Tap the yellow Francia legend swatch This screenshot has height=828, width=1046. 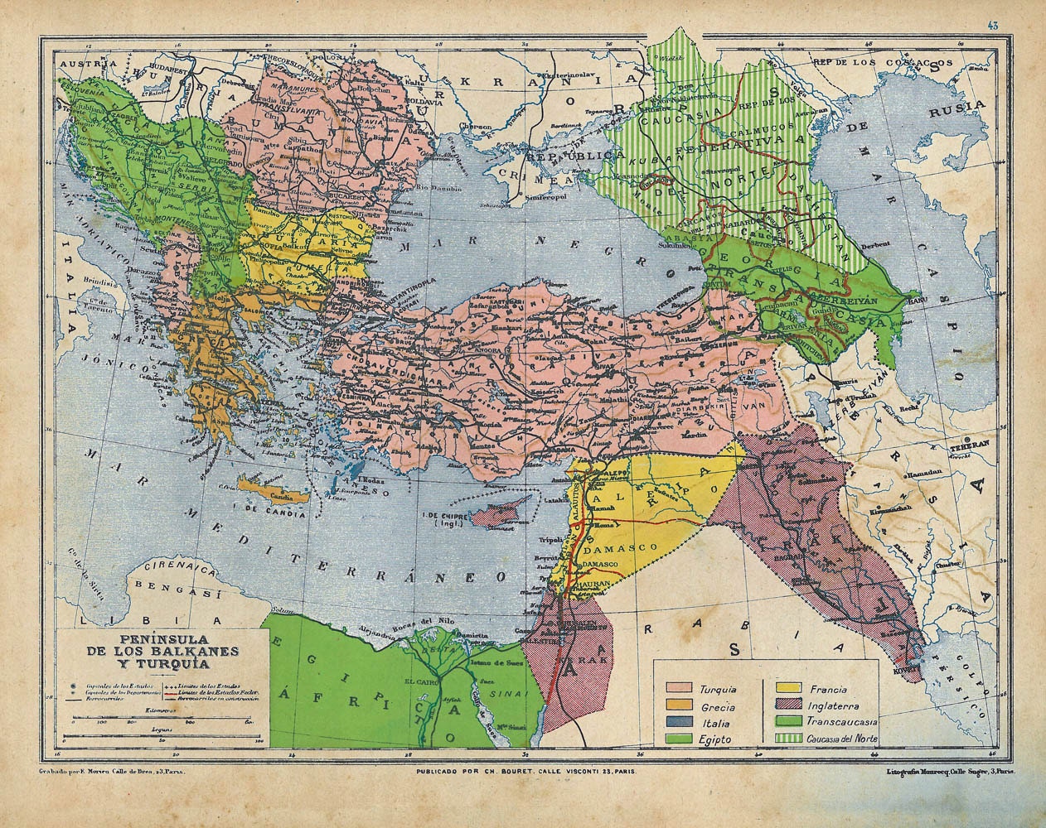click(x=790, y=688)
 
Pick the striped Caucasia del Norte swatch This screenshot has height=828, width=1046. click(x=790, y=739)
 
